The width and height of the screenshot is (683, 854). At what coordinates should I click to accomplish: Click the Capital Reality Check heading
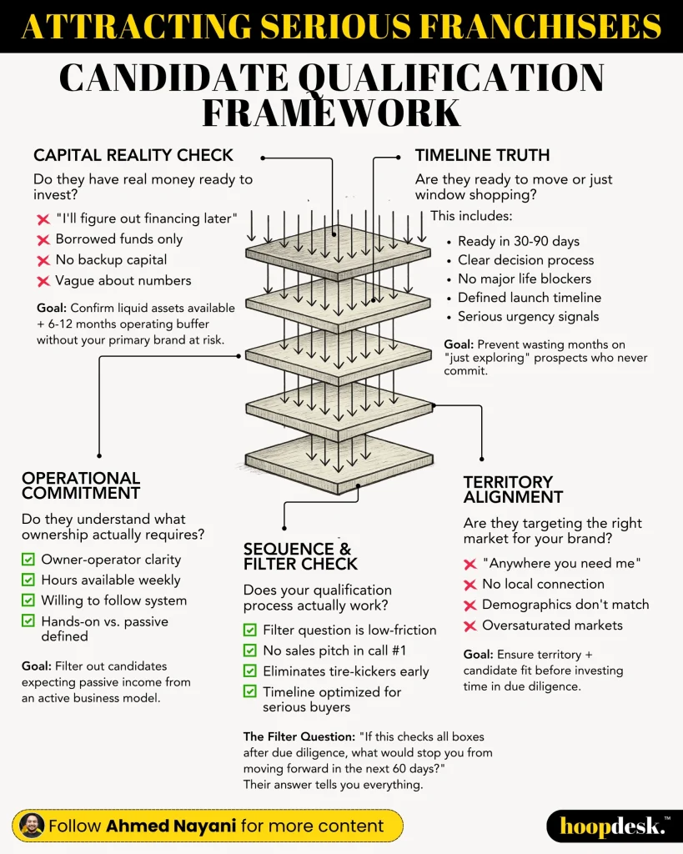pos(133,155)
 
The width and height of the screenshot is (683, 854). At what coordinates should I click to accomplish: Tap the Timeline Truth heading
pos(483,155)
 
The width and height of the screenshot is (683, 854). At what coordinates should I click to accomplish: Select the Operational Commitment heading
pos(81,485)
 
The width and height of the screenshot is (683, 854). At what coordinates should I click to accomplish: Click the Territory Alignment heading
pos(513,489)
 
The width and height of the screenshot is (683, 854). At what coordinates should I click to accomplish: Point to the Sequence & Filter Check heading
pos(301,556)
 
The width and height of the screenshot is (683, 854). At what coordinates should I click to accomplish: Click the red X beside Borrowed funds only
pos(43,240)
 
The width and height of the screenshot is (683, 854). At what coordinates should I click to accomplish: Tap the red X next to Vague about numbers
pos(43,282)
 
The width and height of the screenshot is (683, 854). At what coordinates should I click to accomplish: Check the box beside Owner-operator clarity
pos(28,560)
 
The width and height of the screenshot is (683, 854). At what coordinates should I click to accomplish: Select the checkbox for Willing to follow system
pos(28,600)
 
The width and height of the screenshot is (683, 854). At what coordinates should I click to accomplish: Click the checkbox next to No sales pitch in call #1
pos(249,651)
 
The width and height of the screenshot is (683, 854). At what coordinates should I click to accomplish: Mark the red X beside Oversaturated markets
pos(470,625)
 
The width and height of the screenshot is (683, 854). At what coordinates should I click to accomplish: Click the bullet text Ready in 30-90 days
pos(519,241)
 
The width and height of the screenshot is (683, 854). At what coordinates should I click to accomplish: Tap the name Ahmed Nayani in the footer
pos(171,826)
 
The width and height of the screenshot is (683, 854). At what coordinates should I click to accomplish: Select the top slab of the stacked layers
pos(339,252)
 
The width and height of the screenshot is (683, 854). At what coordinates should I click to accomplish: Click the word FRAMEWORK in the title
pos(332,113)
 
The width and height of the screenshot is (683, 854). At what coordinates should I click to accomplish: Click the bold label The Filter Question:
pos(299,736)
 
